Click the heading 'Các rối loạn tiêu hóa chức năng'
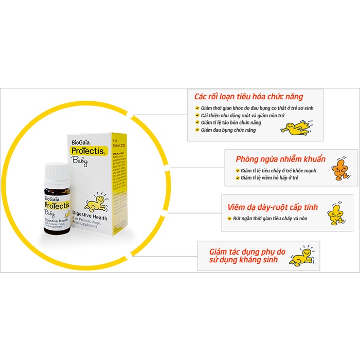pos(248,97)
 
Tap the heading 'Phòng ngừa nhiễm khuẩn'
pos(276,159)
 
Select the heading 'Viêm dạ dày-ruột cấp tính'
pos(273,207)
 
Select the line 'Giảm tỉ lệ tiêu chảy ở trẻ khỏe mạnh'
pos(278,171)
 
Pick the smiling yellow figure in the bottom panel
pos(302,256)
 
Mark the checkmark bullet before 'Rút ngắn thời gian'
pos(228,218)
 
